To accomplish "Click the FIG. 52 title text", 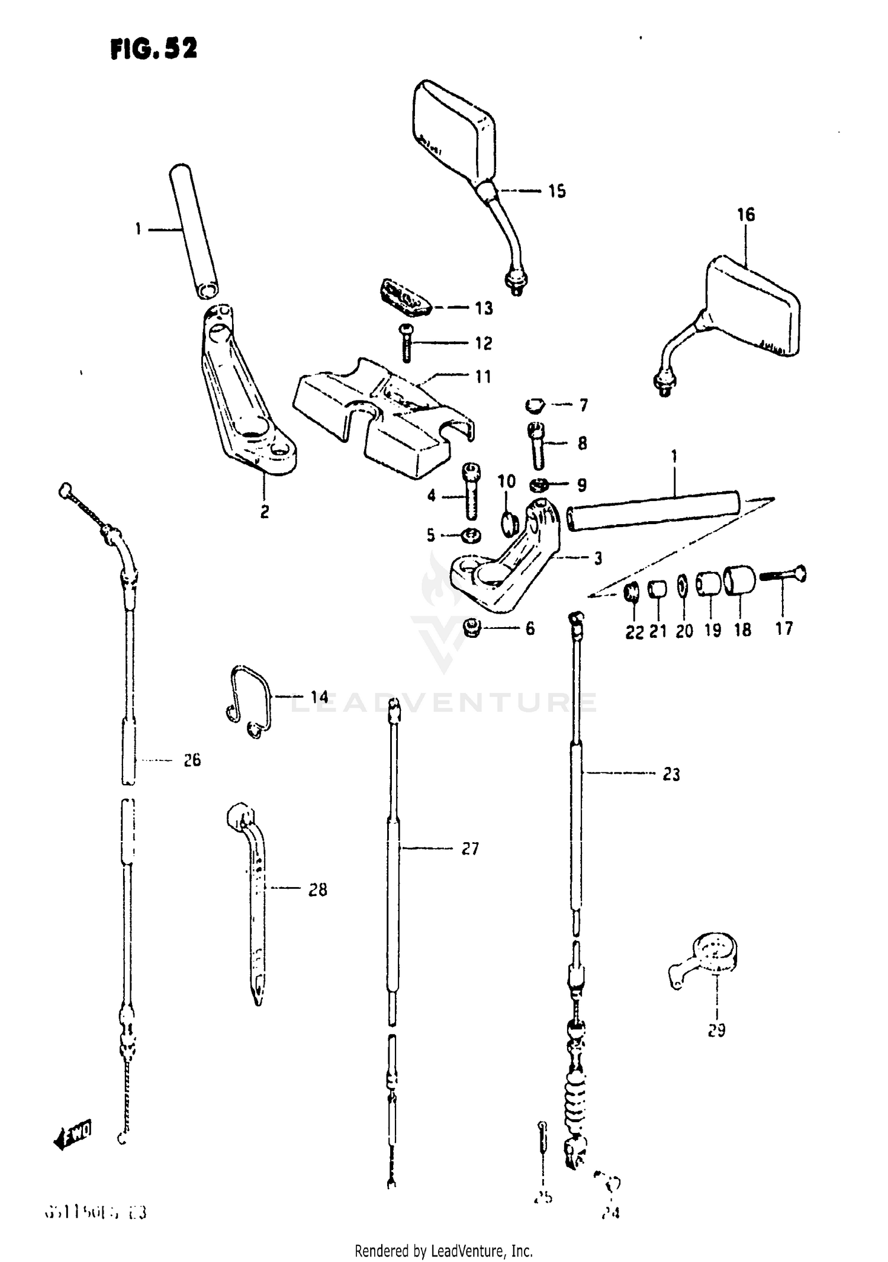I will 153,49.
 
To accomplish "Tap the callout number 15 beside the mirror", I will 556,191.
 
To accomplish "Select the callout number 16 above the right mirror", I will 746,214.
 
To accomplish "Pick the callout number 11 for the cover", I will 484,377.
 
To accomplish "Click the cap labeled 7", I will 535,406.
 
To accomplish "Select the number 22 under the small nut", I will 634,632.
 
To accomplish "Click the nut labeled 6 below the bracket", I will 472,628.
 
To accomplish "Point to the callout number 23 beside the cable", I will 671,774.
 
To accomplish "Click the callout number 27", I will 470,849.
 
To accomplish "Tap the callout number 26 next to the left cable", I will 192,760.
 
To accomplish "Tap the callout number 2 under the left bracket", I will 265,512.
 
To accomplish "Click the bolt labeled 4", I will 472,491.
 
